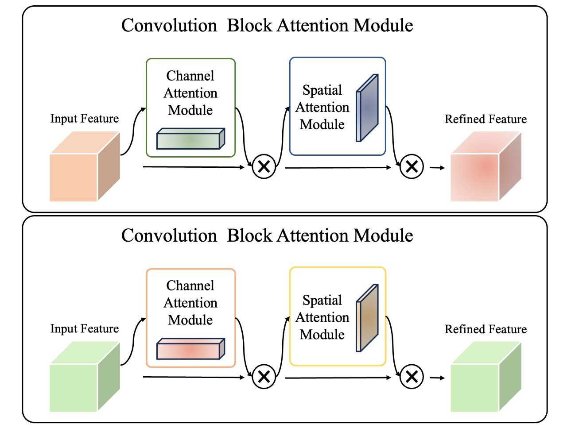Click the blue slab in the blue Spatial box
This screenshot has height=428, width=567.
point(367,108)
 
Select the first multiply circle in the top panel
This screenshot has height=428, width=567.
point(264,167)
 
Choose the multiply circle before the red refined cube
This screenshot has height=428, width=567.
point(412,167)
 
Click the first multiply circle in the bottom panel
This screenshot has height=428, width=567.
point(264,377)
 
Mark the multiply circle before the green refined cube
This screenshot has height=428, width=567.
point(412,377)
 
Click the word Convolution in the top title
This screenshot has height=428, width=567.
point(169,25)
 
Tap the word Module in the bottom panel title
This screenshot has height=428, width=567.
point(383,235)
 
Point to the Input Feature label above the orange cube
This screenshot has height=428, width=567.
point(84,119)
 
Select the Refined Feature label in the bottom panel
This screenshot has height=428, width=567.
point(485,329)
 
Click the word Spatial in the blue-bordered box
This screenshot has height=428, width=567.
point(322,90)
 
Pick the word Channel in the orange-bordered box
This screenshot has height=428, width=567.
point(190,285)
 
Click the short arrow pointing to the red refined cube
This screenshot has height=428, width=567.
point(437,168)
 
